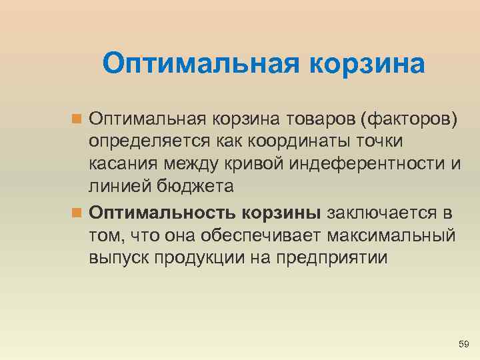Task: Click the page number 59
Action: [465, 344]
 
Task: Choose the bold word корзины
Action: [282, 213]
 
